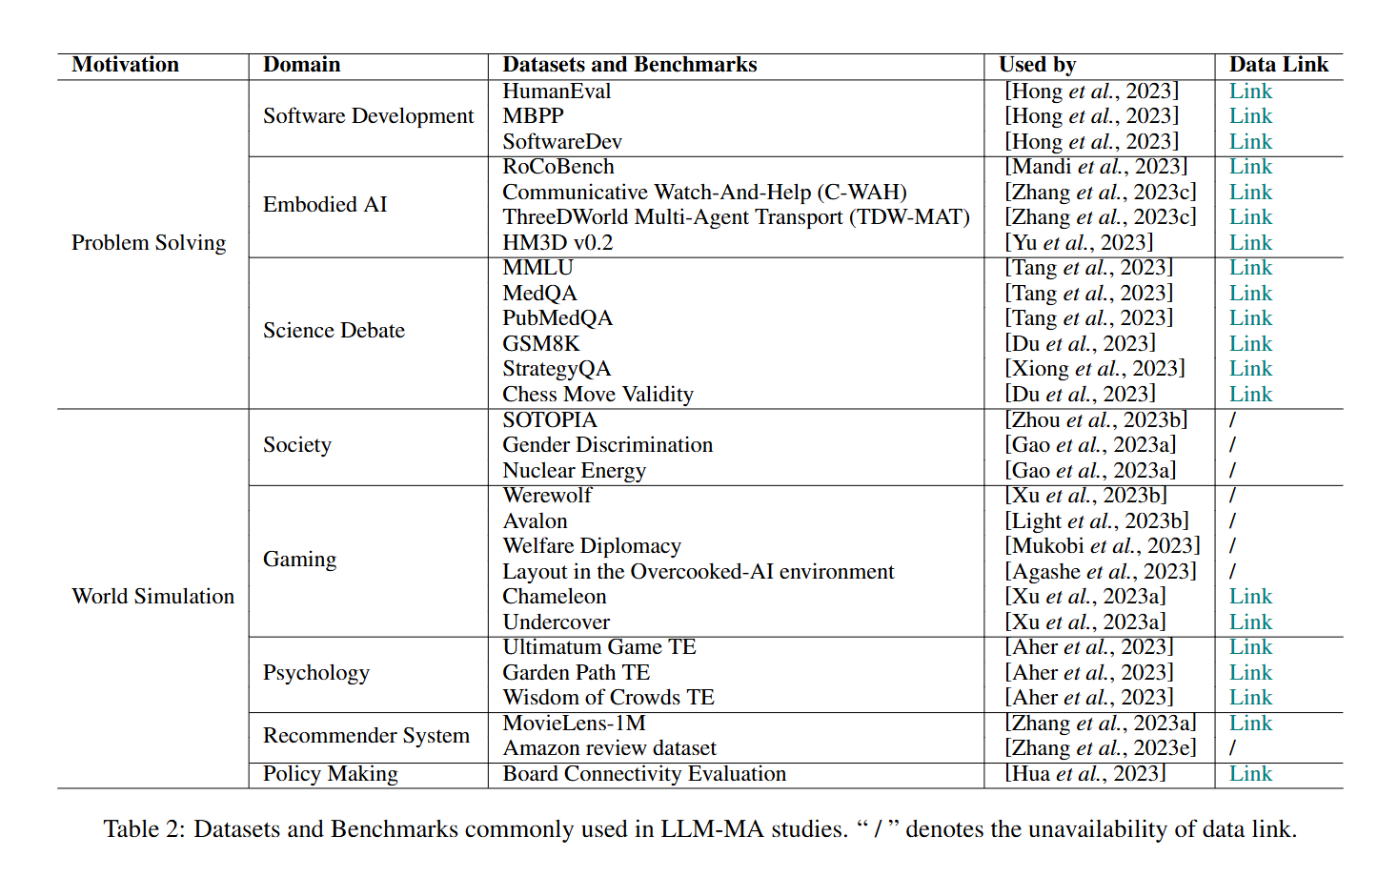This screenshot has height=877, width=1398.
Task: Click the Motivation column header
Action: point(125,65)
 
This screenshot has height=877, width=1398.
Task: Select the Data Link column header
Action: point(1278,65)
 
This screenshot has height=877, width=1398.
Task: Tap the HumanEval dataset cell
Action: point(557,92)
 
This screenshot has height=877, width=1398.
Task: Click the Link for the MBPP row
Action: point(1250,116)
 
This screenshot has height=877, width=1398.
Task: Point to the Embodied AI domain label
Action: point(325,205)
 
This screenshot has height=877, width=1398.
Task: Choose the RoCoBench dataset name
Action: point(558,167)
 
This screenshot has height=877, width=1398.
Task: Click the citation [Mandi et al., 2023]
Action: point(1096,167)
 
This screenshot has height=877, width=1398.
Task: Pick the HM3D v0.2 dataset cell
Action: point(557,243)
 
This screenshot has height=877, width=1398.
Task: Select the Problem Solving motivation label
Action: point(149,243)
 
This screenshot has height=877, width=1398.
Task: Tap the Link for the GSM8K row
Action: point(1250,344)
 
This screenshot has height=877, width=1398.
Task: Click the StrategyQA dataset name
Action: point(557,369)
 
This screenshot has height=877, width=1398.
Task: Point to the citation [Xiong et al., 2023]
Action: point(1095,369)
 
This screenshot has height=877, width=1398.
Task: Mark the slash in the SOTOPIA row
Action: point(1233,420)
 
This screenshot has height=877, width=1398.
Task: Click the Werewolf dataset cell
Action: point(547,496)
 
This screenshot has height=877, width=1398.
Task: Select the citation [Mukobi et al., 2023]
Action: point(1103,546)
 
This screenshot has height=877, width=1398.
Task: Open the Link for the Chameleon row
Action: point(1250,597)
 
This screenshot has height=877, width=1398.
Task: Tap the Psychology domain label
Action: point(316,673)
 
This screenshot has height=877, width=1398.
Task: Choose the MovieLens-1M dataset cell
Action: point(574,724)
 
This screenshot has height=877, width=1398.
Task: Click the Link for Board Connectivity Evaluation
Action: point(1250,774)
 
